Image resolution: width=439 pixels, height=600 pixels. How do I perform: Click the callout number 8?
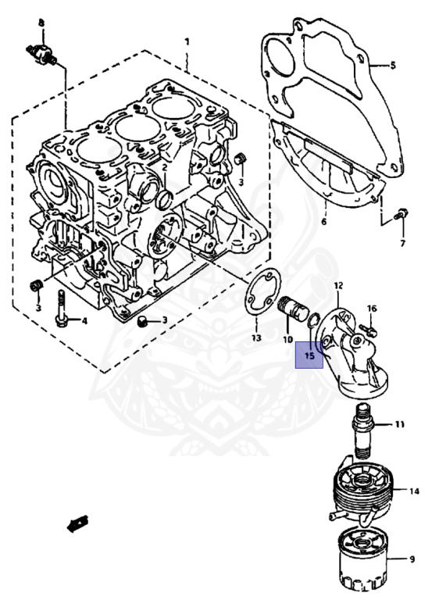(x=41, y=23)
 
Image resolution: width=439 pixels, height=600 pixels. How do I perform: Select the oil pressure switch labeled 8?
(x=41, y=54)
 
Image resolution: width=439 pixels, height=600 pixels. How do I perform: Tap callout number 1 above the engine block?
(x=187, y=41)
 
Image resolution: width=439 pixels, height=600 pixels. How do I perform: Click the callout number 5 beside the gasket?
(x=393, y=66)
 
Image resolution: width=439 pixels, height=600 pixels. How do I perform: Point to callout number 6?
(x=324, y=221)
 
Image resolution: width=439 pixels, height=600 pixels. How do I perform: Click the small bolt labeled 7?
(x=401, y=214)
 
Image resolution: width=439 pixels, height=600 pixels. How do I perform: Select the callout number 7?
(x=402, y=243)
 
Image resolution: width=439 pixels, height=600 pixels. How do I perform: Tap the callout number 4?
(x=84, y=320)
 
